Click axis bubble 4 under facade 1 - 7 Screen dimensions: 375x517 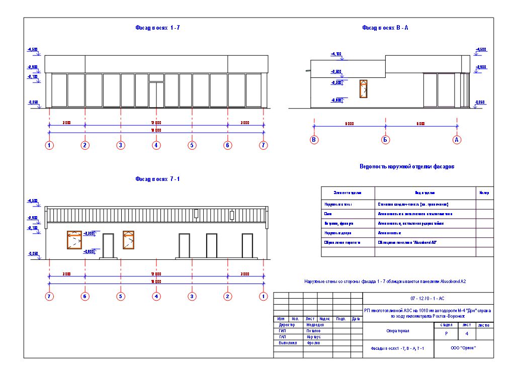pos(156,145)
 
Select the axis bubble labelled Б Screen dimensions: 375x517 pos(385,140)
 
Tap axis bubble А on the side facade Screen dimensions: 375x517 pos(457,140)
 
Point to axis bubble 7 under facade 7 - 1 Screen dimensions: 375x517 pos(49,297)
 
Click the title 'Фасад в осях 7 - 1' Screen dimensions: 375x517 pos(158,178)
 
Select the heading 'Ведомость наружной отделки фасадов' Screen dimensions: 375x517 pos(407,166)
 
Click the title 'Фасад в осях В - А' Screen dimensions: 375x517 pos(385,28)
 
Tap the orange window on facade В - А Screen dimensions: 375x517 pos(362,88)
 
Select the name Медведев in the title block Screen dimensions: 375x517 pos(315,325)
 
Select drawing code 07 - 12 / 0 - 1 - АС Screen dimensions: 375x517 pos(427,298)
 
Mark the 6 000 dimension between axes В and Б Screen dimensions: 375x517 pos(349,123)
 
